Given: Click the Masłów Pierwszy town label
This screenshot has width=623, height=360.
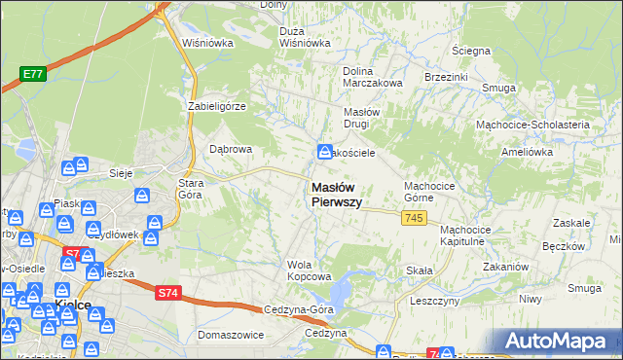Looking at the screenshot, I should [336, 195].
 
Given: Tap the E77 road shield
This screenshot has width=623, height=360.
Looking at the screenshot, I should [33, 73].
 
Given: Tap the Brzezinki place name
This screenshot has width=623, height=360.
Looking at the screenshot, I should [447, 76].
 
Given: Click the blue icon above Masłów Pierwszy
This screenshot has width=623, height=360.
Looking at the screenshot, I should [323, 152].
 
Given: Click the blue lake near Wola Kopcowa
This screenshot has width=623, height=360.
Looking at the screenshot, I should [343, 289].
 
